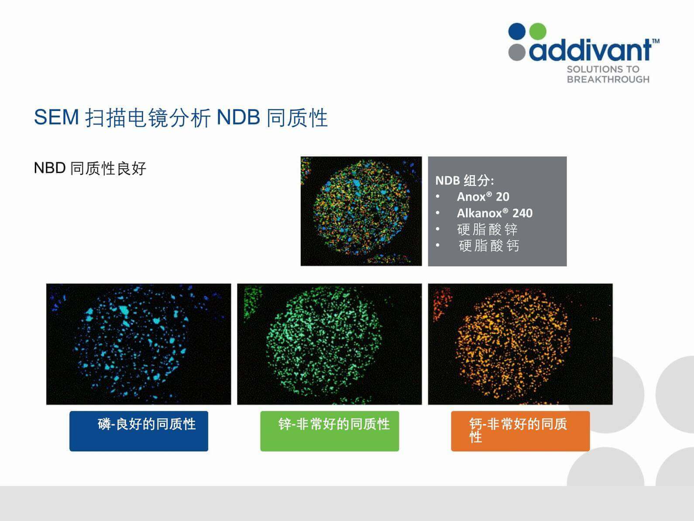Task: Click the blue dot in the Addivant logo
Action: click(517, 31)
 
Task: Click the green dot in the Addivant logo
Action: click(537, 31)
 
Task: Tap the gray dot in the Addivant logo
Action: click(517, 52)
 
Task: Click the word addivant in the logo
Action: click(590, 50)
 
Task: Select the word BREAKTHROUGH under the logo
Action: click(608, 79)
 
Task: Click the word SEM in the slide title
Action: click(56, 117)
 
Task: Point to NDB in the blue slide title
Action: click(238, 117)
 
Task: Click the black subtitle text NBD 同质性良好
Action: click(90, 168)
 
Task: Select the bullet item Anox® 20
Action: click(483, 197)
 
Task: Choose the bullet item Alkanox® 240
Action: click(495, 213)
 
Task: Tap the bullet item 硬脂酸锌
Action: click(487, 229)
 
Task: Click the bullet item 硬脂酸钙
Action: click(489, 246)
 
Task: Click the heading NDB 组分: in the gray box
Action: click(464, 181)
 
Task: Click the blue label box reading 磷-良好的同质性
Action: click(139, 431)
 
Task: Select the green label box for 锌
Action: click(330, 431)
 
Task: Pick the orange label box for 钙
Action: click(520, 431)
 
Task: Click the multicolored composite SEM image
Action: click(361, 211)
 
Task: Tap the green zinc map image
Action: click(330, 344)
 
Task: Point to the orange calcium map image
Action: click(520, 344)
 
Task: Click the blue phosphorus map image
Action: click(138, 344)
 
